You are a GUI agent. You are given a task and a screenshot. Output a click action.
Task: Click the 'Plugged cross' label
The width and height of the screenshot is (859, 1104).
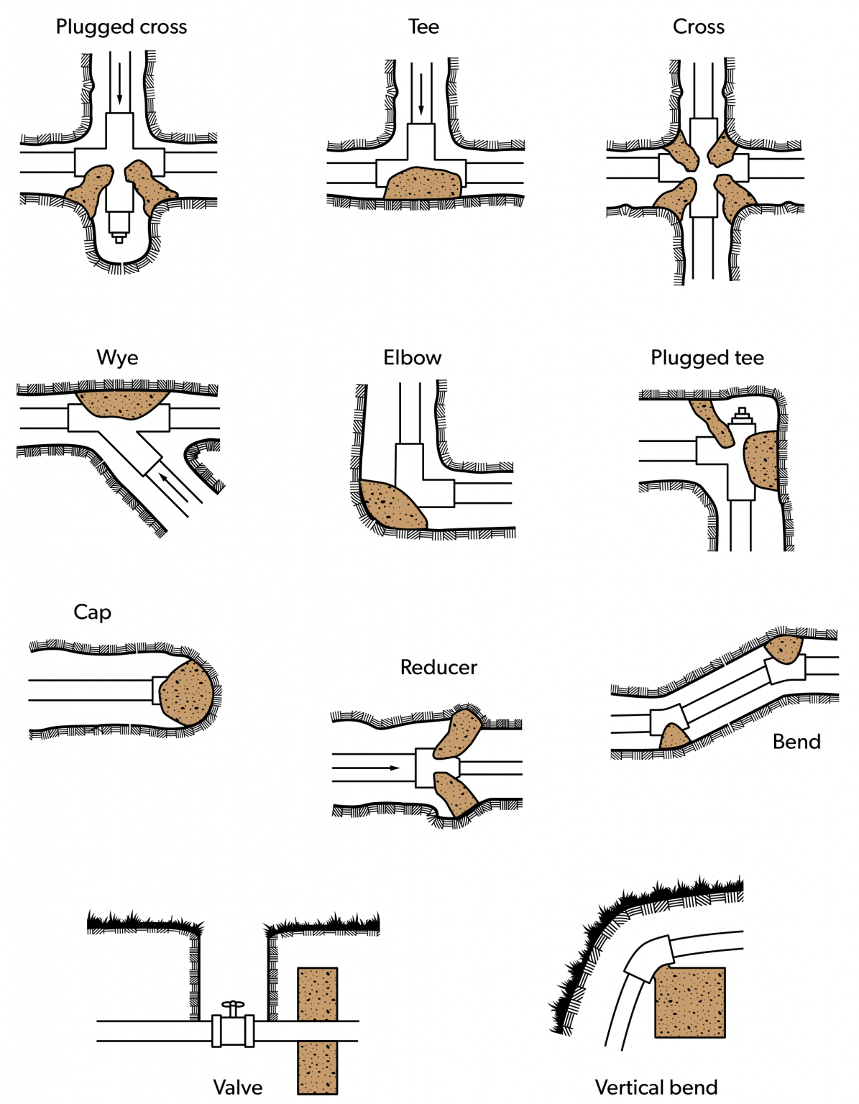tap(121, 27)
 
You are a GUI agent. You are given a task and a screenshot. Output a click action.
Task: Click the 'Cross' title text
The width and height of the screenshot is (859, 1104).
tap(698, 27)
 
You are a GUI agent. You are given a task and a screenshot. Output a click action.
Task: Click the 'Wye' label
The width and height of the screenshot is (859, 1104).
tap(117, 358)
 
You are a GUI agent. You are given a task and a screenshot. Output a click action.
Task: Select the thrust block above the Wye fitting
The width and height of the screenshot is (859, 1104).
tap(121, 403)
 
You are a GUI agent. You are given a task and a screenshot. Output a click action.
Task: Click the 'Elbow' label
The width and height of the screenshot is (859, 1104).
tap(412, 358)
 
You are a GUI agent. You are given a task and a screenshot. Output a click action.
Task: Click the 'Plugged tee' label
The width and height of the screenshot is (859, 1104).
tap(707, 358)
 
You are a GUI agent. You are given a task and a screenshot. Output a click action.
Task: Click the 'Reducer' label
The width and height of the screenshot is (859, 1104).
tap(438, 668)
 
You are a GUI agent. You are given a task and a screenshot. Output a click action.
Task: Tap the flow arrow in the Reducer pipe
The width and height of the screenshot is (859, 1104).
tap(367, 768)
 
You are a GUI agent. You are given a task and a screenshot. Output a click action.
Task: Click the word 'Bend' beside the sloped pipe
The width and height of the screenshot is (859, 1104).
tap(796, 742)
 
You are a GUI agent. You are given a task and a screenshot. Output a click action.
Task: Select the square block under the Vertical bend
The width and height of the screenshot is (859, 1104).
tap(690, 1002)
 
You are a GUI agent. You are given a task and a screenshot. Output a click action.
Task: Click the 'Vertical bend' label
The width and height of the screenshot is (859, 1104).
tap(656, 1087)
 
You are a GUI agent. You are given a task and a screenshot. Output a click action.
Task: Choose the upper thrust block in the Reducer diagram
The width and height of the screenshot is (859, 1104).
tap(458, 733)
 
